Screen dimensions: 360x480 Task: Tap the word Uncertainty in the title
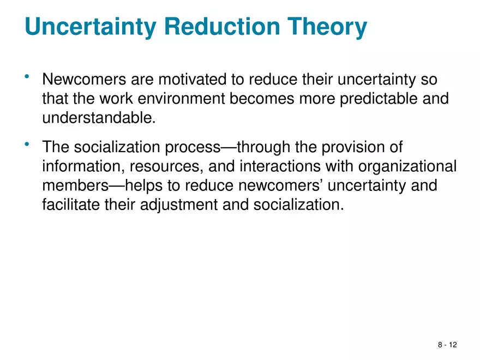coord(89,27)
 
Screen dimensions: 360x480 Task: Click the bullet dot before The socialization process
coord(27,143)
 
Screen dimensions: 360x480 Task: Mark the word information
coord(79,166)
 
